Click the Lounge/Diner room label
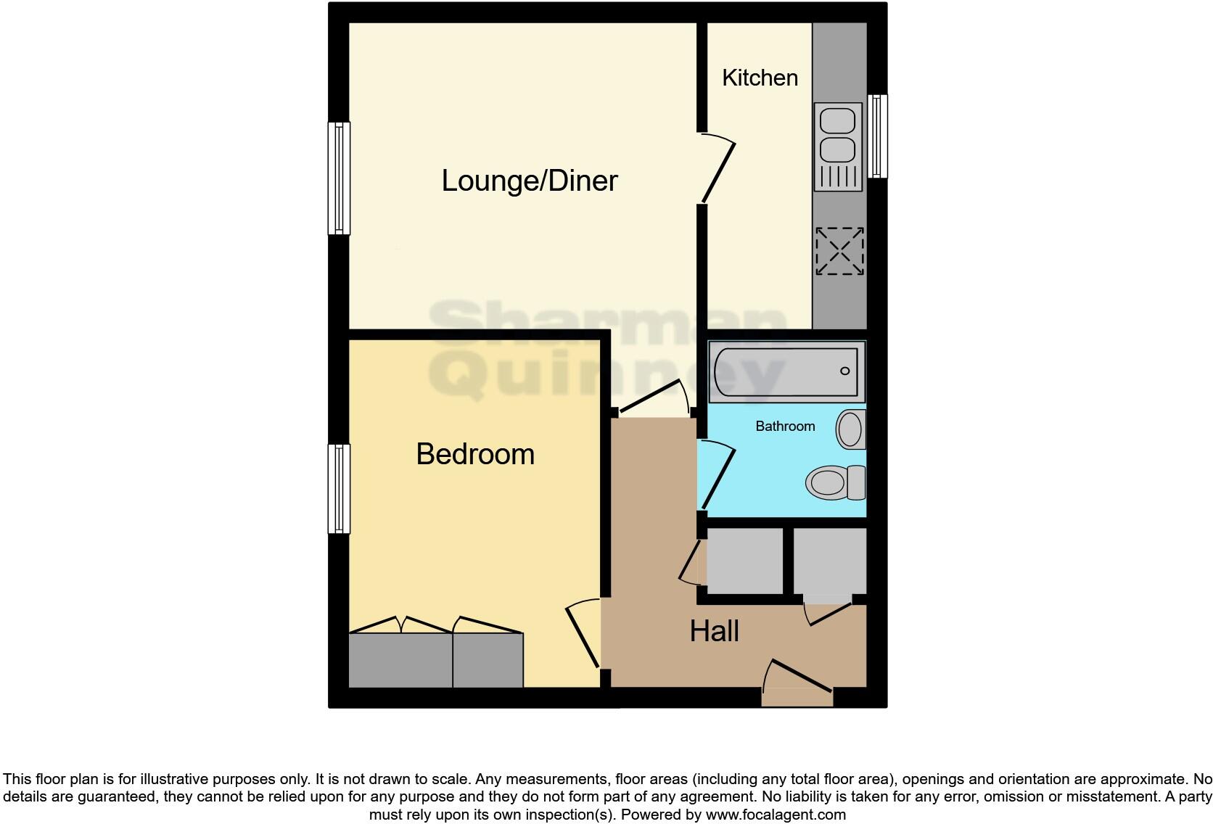click(530, 181)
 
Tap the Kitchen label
click(760, 78)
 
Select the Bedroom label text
click(475, 454)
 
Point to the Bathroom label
click(785, 427)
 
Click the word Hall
click(714, 631)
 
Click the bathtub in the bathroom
click(786, 371)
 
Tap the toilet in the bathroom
click(834, 482)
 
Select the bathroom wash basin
click(850, 429)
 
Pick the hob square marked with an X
click(839, 252)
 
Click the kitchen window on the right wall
click(877, 136)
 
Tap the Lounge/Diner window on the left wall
click(339, 178)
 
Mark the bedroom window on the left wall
click(339, 489)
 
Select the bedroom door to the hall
click(583, 635)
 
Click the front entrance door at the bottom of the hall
click(797, 683)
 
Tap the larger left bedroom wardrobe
click(400, 659)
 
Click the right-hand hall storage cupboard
click(830, 561)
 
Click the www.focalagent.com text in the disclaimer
click(776, 815)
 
